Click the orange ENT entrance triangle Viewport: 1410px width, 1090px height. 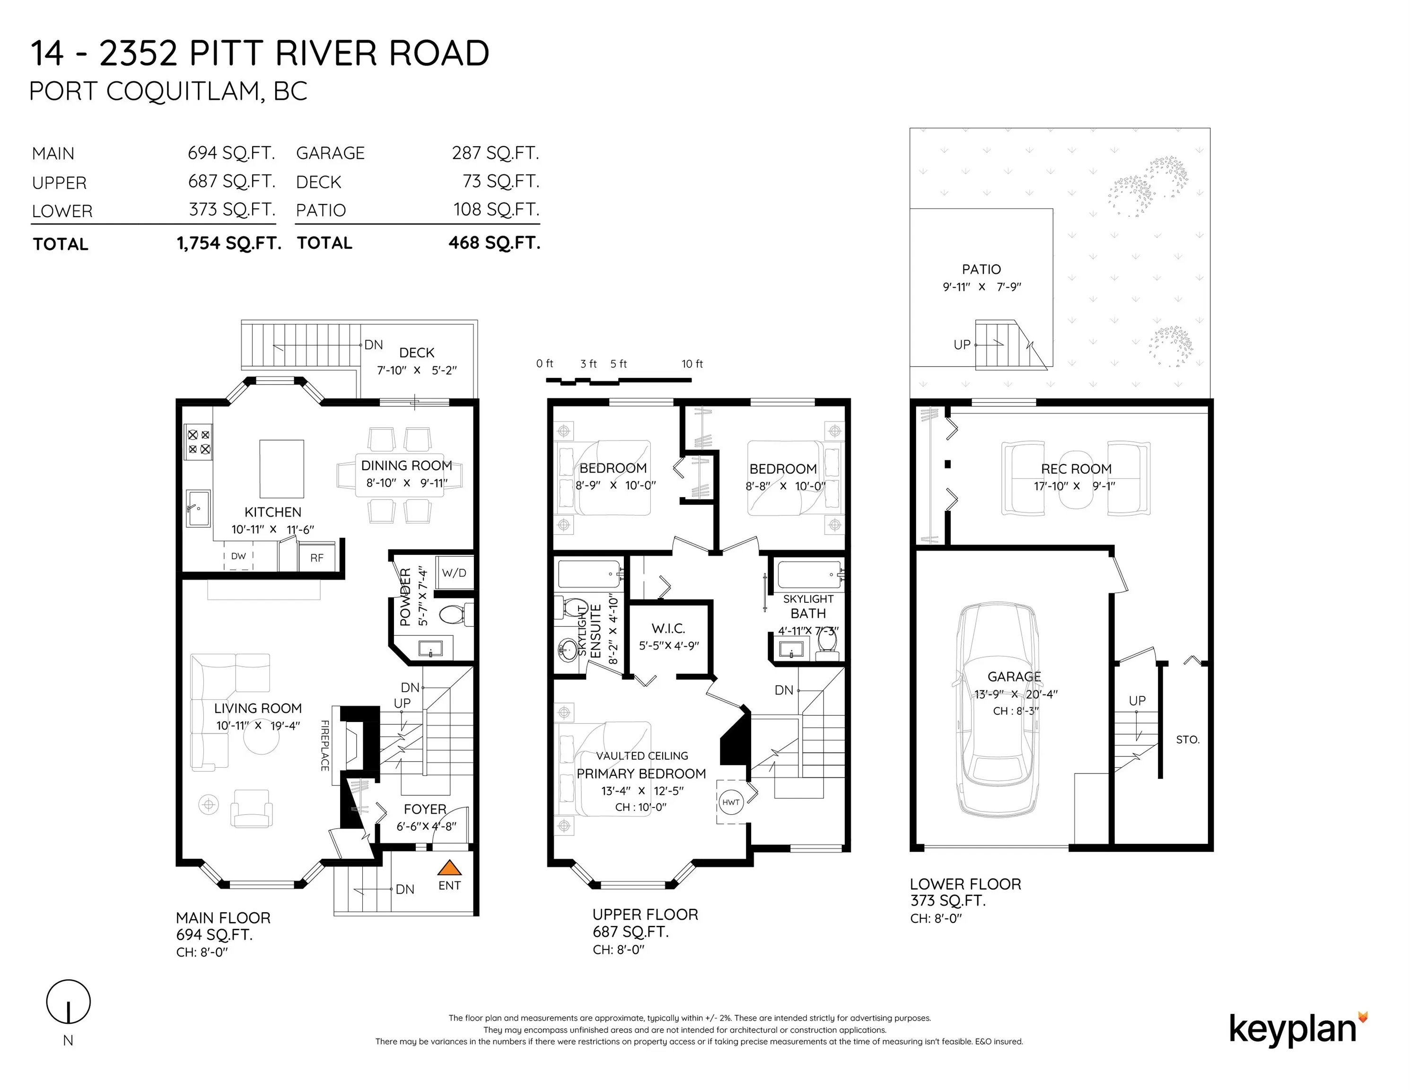pos(450,867)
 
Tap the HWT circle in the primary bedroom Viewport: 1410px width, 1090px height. pos(731,803)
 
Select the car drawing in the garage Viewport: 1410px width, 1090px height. pos(998,710)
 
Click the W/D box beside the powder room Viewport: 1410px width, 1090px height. pos(454,573)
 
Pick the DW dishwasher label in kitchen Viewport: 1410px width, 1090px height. pos(238,556)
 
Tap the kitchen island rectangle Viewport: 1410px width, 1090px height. pos(281,469)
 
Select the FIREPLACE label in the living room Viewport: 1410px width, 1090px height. pos(325,745)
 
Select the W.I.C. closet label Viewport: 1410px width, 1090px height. pos(668,628)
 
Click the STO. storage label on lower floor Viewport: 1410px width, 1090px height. pos(1187,740)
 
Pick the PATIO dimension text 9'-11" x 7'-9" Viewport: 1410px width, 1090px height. pos(981,287)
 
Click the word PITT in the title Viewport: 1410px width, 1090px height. pos(227,53)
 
